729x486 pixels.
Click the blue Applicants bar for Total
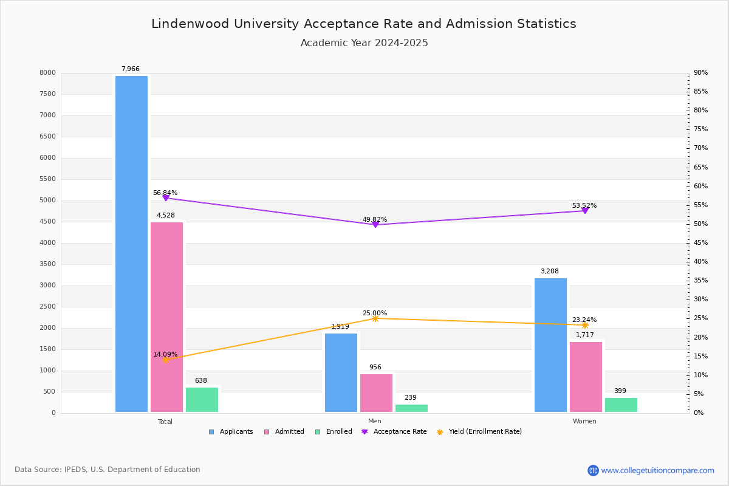pos(131,243)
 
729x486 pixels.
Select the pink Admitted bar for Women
pos(586,377)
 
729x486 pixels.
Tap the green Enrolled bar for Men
pos(411,408)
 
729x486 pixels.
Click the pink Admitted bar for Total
pos(166,316)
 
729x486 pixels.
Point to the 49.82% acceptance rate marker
pos(375,225)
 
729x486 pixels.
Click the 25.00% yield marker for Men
pos(375,318)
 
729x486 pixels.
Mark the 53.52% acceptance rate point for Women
pos(585,211)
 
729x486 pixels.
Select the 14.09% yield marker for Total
pos(165,360)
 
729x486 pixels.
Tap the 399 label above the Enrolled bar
pos(620,391)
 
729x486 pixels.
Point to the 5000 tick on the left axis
pos(47,200)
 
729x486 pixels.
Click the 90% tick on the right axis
pos(700,73)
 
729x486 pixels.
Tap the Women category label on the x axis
pos(584,422)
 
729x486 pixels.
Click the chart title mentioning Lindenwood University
pos(363,24)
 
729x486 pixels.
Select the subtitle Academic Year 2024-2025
pos(364,43)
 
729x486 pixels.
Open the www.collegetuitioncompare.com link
pos(657,470)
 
